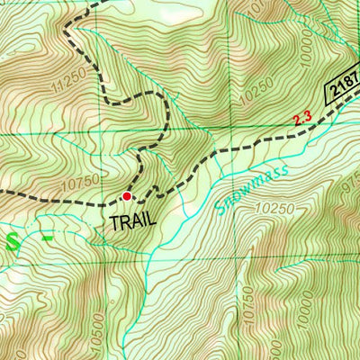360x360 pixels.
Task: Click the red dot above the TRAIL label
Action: (x=127, y=195)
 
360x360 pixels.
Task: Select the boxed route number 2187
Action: (x=343, y=85)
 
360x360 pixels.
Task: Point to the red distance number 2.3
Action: (x=303, y=118)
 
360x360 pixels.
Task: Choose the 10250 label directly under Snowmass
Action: (x=274, y=209)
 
